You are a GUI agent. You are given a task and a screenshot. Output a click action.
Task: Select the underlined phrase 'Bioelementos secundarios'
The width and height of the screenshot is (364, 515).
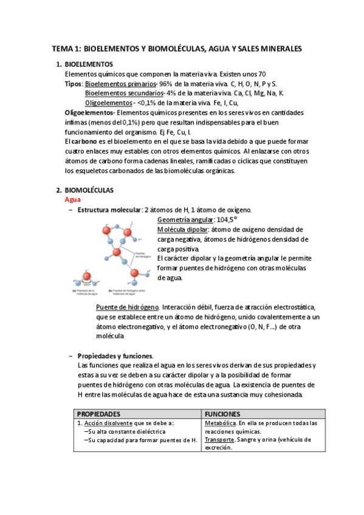tap(123, 93)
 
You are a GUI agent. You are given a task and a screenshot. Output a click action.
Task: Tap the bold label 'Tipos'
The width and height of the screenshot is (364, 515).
tap(74, 83)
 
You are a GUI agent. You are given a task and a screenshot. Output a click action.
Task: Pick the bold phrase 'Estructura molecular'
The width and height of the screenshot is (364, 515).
tap(109, 210)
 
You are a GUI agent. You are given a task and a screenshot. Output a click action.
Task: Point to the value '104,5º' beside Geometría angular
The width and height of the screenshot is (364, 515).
tap(227, 220)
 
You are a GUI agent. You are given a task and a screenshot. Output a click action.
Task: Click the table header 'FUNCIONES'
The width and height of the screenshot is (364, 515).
tap(223, 413)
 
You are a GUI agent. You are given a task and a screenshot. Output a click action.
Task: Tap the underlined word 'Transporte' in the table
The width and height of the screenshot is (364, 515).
tap(219, 439)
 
